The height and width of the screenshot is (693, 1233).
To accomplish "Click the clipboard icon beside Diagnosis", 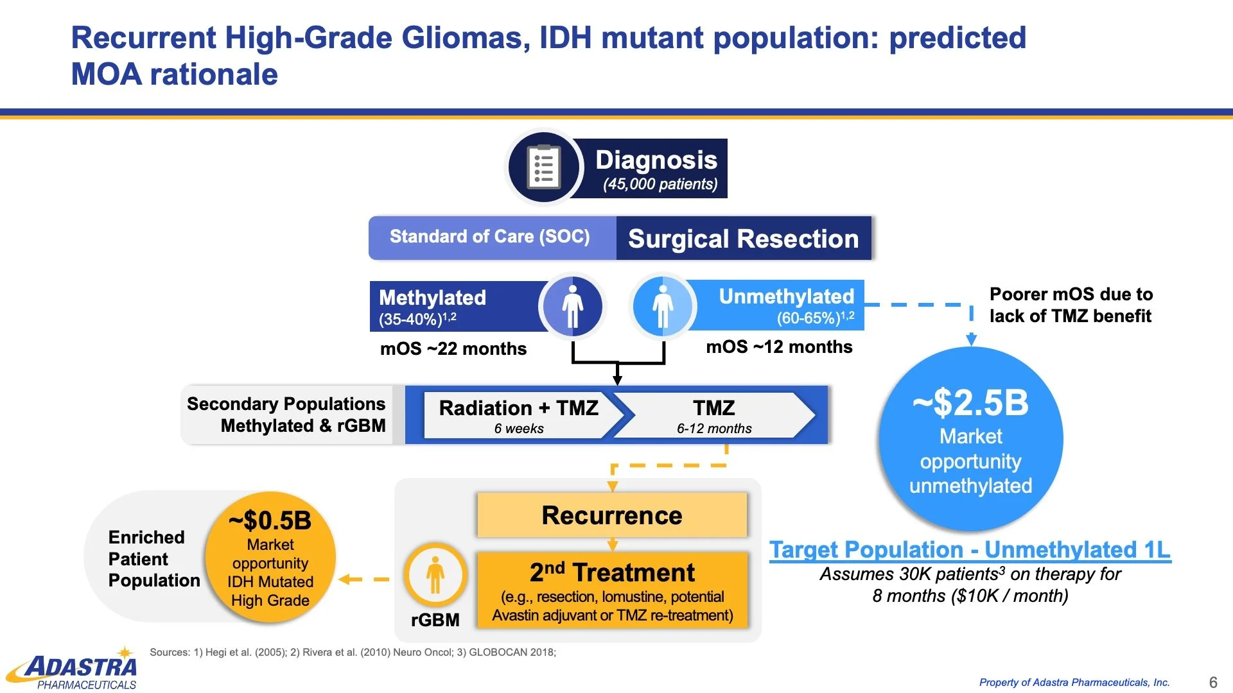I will [x=544, y=167].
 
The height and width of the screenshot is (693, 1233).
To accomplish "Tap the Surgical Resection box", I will [x=743, y=239].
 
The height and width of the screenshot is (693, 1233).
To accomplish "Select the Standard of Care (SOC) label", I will [x=489, y=237].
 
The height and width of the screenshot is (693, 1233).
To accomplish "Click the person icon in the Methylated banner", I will [x=572, y=306].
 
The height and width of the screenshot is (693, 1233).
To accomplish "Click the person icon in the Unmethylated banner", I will [x=662, y=306].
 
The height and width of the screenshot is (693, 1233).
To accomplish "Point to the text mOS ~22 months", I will [x=453, y=349].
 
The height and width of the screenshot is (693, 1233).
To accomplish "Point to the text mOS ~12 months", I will [x=779, y=347].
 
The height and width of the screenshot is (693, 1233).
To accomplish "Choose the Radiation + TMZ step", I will [x=518, y=415].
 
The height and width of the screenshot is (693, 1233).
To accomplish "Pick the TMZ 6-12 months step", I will [x=713, y=415].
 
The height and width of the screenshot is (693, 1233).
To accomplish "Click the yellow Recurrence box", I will [x=611, y=515].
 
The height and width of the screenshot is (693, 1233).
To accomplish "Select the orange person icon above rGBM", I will [x=435, y=575].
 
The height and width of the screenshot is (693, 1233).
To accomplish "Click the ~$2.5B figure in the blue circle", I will [x=970, y=403].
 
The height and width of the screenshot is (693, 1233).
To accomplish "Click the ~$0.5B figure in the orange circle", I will [x=270, y=520].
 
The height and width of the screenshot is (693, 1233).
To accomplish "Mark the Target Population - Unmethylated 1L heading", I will [x=970, y=550].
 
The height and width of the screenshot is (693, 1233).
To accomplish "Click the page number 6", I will [x=1212, y=682].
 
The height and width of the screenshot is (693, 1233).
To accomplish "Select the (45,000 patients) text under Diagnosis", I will [x=660, y=184].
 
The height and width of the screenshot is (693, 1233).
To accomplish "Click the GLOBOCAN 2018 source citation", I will [x=512, y=653].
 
